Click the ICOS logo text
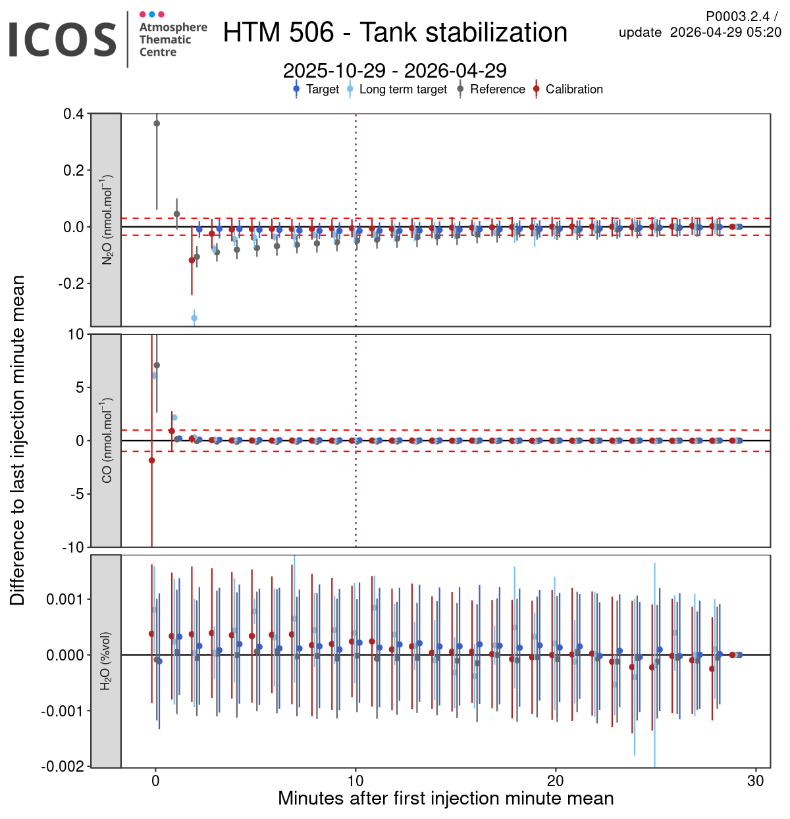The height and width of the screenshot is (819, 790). [x=63, y=39]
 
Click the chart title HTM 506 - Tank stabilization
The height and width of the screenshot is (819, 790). [x=395, y=32]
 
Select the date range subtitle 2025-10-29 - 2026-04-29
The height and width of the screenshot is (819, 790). [x=395, y=70]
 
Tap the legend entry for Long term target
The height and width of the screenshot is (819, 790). [x=402, y=89]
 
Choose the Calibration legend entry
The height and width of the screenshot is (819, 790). [x=573, y=89]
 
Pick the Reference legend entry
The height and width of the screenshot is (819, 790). [x=497, y=89]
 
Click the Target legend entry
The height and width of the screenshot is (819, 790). [x=322, y=89]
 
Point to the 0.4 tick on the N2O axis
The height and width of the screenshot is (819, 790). [x=74, y=114]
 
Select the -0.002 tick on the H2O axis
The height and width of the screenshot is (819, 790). [x=63, y=767]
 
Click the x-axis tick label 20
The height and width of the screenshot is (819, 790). [x=556, y=781]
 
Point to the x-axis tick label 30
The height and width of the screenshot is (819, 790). [x=756, y=781]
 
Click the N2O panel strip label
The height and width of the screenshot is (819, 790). [x=107, y=220]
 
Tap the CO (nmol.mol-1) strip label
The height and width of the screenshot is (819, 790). [x=107, y=440]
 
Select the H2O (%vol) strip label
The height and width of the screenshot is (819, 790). [x=107, y=661]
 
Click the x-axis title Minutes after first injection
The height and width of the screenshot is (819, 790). [x=446, y=799]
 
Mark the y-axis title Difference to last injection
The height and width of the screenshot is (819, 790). [x=18, y=440]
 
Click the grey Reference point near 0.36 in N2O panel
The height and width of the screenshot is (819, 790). [x=157, y=123]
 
